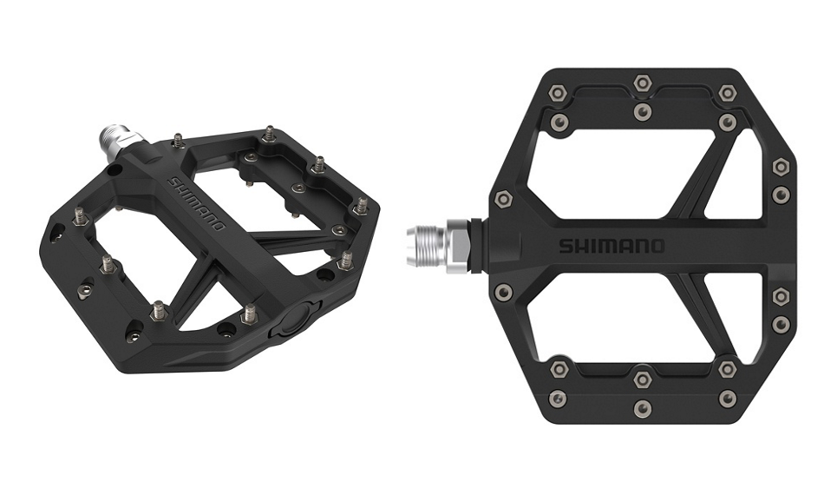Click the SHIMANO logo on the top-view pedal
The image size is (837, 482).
[611, 246]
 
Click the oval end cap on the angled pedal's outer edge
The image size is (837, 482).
[292, 318]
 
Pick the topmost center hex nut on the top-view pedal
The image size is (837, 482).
[641, 83]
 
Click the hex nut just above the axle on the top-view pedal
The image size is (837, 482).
[502, 199]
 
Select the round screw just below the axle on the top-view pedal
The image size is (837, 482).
[502, 292]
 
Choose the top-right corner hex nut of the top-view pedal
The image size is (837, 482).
[727, 92]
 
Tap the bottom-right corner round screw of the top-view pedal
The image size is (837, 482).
[727, 398]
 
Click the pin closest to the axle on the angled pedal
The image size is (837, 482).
[178, 139]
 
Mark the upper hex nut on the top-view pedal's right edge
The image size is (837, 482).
[781, 166]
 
